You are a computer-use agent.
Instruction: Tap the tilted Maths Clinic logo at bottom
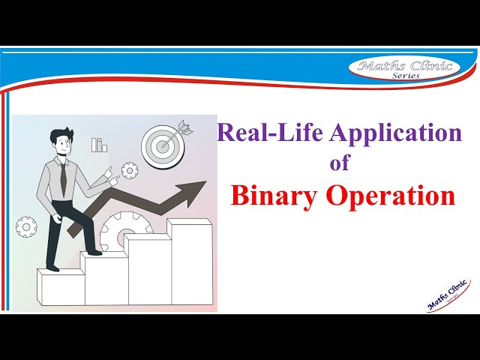(448, 295)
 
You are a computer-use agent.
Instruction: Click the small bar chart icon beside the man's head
(99, 145)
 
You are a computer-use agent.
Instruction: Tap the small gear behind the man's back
(26, 225)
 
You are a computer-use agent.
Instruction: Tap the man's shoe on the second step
(90, 252)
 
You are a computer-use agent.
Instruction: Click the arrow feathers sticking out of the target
(184, 128)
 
